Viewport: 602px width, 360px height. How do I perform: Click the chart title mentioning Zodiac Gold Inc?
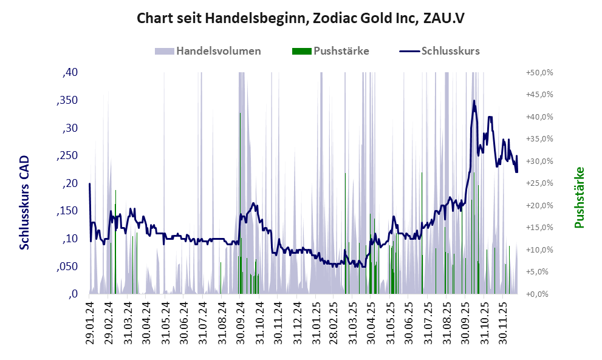tap(301, 18)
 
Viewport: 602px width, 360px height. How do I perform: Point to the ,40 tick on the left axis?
tap(70, 73)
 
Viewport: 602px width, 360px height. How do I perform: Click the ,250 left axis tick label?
tap(67, 156)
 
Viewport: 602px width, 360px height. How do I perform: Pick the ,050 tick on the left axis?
tap(67, 267)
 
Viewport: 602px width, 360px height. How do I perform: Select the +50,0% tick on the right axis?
tap(539, 73)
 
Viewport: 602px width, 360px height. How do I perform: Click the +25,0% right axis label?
tap(539, 183)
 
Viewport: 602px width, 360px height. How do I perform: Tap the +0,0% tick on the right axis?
tap(539, 294)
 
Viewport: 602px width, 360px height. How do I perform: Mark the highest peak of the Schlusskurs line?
tap(474, 101)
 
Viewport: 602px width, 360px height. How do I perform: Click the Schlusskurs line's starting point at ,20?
tap(90, 183)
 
